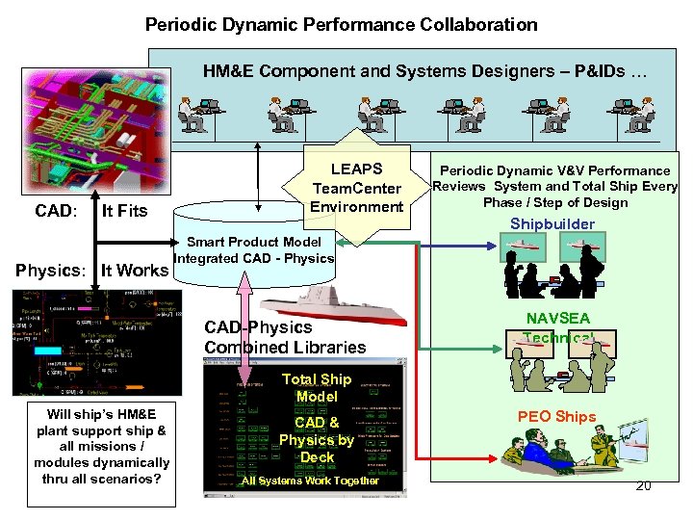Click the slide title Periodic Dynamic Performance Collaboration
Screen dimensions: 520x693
[x=341, y=24]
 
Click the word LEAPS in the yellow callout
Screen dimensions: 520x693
[x=356, y=169]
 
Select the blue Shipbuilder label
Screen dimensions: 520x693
[x=552, y=224]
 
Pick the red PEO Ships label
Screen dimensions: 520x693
[x=556, y=417]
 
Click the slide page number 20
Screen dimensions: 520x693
[x=643, y=485]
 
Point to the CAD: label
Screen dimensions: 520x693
[x=56, y=211]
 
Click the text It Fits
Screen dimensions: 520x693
[x=125, y=211]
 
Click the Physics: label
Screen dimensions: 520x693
[x=49, y=271]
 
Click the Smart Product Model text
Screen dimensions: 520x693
[x=246, y=243]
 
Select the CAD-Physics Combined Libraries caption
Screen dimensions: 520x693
[x=285, y=338]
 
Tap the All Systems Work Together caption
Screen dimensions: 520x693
[x=310, y=481]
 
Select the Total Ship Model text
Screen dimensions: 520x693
[x=317, y=388]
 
